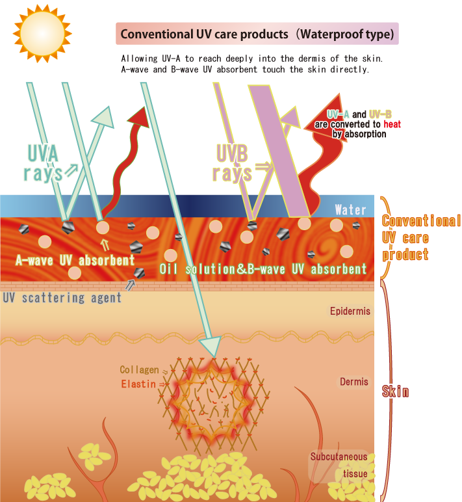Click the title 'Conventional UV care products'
[x=257, y=34]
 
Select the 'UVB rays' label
[x=233, y=163]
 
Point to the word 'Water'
[x=350, y=210]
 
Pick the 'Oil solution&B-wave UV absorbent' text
[x=263, y=269]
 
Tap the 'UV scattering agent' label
[x=62, y=298]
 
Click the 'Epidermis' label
[x=350, y=311]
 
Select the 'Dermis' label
[x=353, y=382]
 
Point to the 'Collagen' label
[x=138, y=370]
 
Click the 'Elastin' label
[x=138, y=384]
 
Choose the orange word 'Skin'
[x=395, y=391]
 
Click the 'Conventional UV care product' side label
[x=420, y=237]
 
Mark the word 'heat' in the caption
[x=392, y=124]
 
